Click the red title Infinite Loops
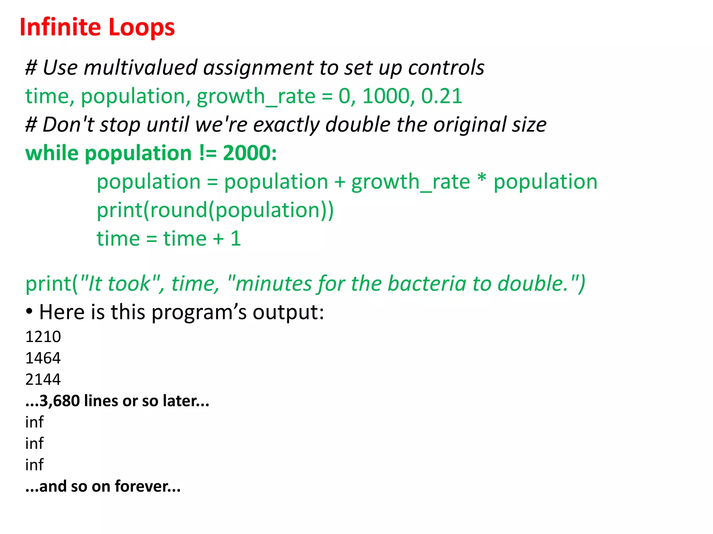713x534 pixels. pos(97,27)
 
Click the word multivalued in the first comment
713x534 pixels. pos(141,67)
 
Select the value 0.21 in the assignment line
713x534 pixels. pos(441,96)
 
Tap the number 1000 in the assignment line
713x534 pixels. pos(386,96)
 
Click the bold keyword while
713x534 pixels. pos(52,153)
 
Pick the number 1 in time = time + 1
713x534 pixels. pos(235,238)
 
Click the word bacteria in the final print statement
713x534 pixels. pos(427,283)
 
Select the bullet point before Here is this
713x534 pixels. pos(30,311)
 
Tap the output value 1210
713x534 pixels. pos(43,337)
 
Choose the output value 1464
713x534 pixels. pos(43,358)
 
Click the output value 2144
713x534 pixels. pos(43,379)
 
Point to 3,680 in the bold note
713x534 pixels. pos(59,401)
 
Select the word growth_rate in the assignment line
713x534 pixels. pos(256,97)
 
